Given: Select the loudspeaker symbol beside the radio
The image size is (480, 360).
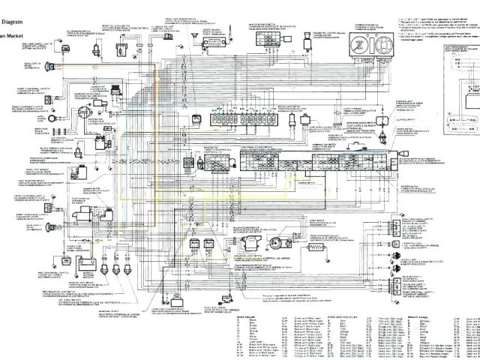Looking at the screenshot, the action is point(194,35).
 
